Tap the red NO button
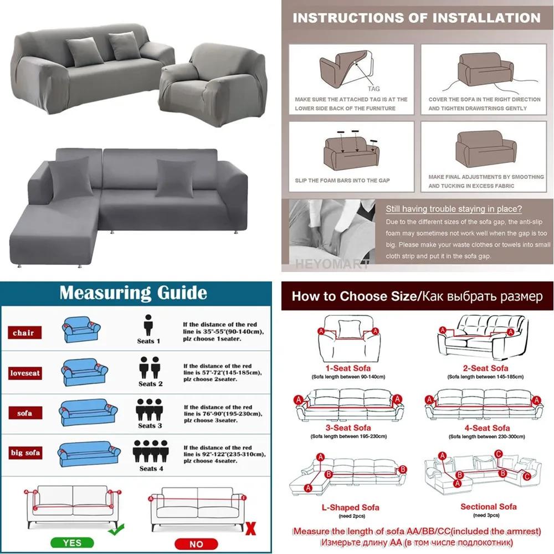(196, 543)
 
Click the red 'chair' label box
(24, 333)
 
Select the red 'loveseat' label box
(25, 373)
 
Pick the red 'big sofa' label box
(25, 453)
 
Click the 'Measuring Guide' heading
(133, 293)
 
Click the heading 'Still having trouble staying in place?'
(454, 209)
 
